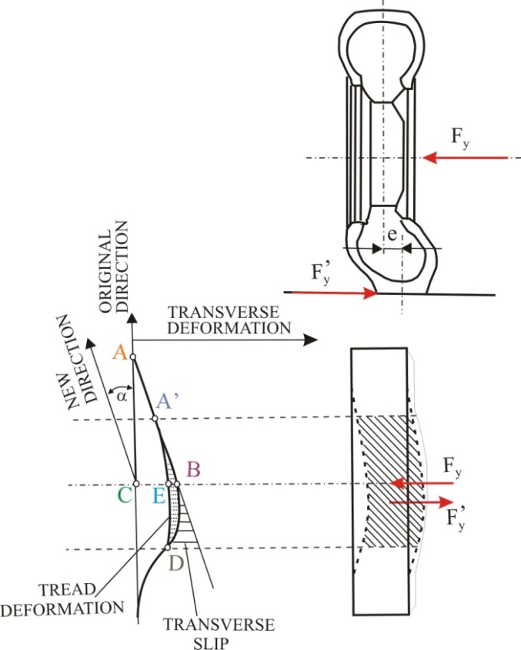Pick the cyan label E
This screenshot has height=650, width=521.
[x=159, y=497]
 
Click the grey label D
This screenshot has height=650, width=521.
[x=177, y=565]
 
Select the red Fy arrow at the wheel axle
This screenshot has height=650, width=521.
[x=465, y=158]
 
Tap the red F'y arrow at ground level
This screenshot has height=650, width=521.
[x=328, y=293]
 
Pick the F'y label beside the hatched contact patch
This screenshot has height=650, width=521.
[x=459, y=515]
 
